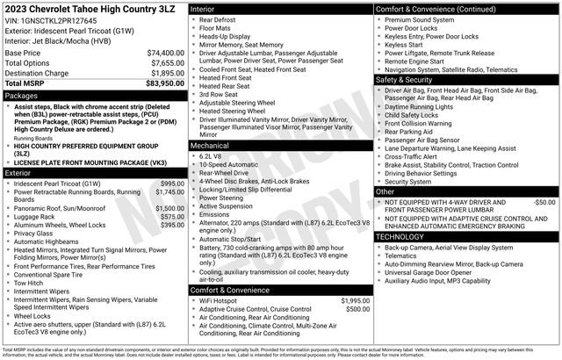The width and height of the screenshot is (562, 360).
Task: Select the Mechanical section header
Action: (x=209, y=145)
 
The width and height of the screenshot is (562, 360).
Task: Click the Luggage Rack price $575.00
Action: (x=172, y=217)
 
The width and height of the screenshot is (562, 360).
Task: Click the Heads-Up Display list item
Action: (x=227, y=38)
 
